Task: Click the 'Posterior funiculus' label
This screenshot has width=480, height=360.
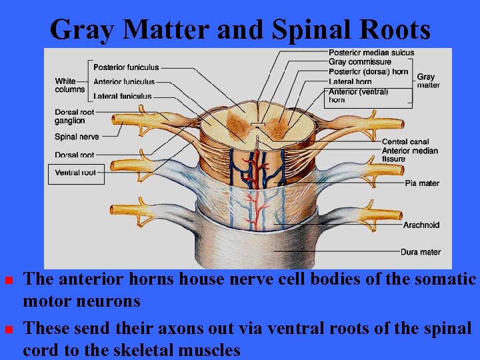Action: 125,67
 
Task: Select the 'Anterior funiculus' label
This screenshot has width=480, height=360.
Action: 123,82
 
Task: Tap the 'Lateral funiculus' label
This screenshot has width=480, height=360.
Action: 122,97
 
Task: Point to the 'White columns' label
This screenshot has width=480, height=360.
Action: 70,85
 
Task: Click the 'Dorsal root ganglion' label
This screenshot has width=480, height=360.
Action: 74,117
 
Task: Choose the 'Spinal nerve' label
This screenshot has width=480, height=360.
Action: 77,137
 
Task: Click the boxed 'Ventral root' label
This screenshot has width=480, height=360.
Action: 75,173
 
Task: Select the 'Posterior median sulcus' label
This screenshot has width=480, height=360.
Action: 371,53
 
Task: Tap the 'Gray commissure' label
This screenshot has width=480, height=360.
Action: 360,62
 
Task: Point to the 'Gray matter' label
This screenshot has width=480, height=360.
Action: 428,81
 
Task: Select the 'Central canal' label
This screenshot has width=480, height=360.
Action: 405,142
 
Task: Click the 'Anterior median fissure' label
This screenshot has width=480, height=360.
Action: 409,155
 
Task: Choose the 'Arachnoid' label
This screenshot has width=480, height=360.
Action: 421,225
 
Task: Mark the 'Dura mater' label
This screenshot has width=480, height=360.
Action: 421,252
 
